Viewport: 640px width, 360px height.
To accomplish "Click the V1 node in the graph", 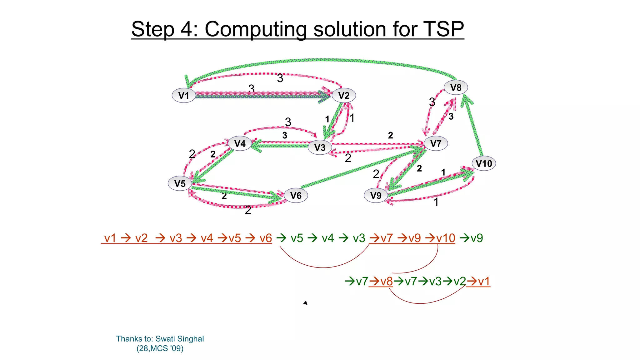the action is coord(184,95).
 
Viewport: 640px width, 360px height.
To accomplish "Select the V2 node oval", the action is coord(343,95).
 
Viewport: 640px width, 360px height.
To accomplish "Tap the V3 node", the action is coord(320,147).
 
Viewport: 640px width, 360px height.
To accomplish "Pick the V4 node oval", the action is coord(240,143).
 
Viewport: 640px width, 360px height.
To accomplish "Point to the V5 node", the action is coord(180,183).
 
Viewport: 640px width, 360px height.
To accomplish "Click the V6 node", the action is coord(296,195).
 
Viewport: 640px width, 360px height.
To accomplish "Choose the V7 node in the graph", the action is coord(436,143).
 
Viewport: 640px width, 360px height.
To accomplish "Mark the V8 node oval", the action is coord(456,87).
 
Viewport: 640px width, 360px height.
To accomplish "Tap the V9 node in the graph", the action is coord(376,195).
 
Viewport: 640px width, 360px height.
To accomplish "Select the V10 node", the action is coord(483,163).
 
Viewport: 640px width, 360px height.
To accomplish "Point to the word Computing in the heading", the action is coord(256,30).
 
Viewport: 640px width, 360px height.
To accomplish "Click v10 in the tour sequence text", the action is coord(446,238).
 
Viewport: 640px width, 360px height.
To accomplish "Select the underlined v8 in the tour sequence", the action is coord(387,282).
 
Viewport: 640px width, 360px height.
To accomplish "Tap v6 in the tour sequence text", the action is coord(266,238).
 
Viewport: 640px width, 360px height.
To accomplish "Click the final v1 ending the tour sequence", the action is coord(484,282).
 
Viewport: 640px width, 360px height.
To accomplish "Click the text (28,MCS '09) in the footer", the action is coord(160,348).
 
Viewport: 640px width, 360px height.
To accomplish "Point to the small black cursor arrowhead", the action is coord(306,302).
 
